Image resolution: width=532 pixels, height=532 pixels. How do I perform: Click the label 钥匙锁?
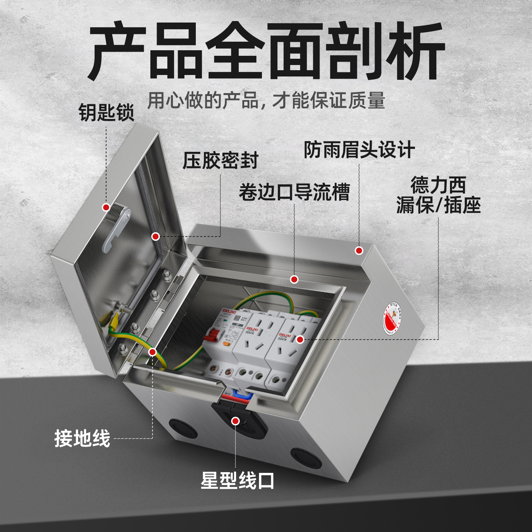point(106,112)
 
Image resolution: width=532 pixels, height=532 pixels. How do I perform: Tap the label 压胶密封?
point(220,160)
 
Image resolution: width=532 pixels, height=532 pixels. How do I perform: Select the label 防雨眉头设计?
point(359,150)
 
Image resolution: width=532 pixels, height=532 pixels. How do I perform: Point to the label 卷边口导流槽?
point(294,192)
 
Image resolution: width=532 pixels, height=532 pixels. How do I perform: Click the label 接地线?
point(82,439)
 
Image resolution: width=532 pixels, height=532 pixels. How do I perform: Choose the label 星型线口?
point(237,481)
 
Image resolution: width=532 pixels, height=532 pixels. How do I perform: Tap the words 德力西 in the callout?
point(438,185)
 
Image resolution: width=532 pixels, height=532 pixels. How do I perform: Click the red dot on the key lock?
point(106,207)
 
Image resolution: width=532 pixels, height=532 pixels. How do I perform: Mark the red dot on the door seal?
point(156,236)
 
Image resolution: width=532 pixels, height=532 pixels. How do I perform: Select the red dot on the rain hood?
point(359,250)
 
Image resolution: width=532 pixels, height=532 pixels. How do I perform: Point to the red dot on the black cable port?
point(235,421)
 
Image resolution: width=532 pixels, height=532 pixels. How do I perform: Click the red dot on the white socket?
point(300,339)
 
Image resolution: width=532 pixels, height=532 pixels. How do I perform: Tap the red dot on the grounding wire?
point(153,352)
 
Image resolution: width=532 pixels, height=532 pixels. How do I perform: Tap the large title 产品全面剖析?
point(266,51)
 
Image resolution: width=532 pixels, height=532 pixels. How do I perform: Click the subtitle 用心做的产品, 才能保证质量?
point(266,100)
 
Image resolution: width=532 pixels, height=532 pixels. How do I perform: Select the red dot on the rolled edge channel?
point(294,279)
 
